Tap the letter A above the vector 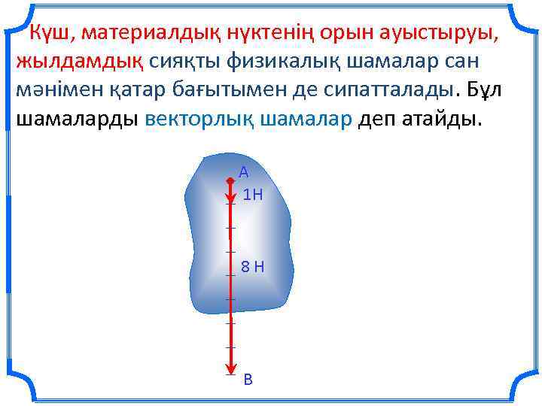click(243, 172)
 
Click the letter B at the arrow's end click(248, 380)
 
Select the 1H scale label click(253, 195)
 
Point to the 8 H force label click(252, 266)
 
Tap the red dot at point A click(230, 180)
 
